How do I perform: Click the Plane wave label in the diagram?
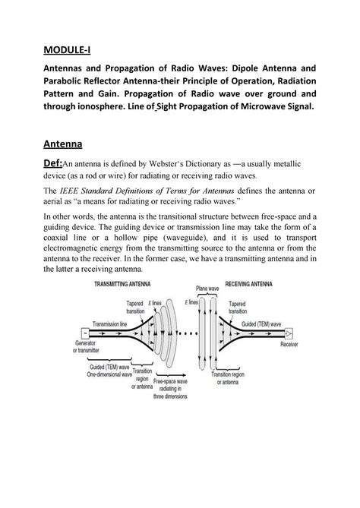tap(207, 289)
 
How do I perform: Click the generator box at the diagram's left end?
tap(83, 333)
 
